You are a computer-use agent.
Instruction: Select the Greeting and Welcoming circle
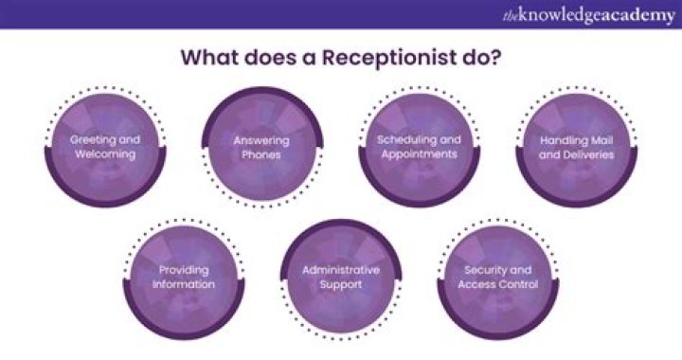pyautogui.click(x=105, y=147)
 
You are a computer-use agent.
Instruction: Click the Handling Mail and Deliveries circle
pyautogui.click(x=576, y=147)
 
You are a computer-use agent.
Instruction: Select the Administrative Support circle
pyautogui.click(x=340, y=277)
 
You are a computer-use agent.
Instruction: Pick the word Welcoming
pyautogui.click(x=105, y=153)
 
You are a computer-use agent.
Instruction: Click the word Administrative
pyautogui.click(x=340, y=270)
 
